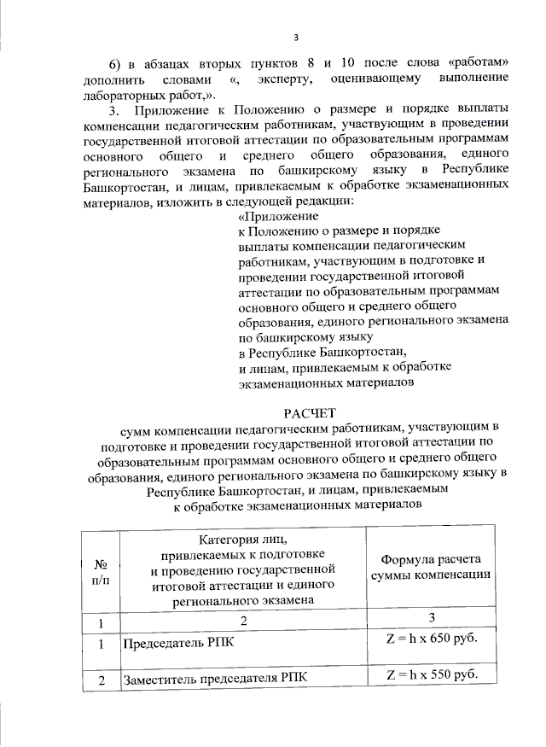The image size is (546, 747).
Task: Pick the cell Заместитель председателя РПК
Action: pos(215,680)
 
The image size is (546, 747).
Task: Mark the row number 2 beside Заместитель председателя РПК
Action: pos(101,680)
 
